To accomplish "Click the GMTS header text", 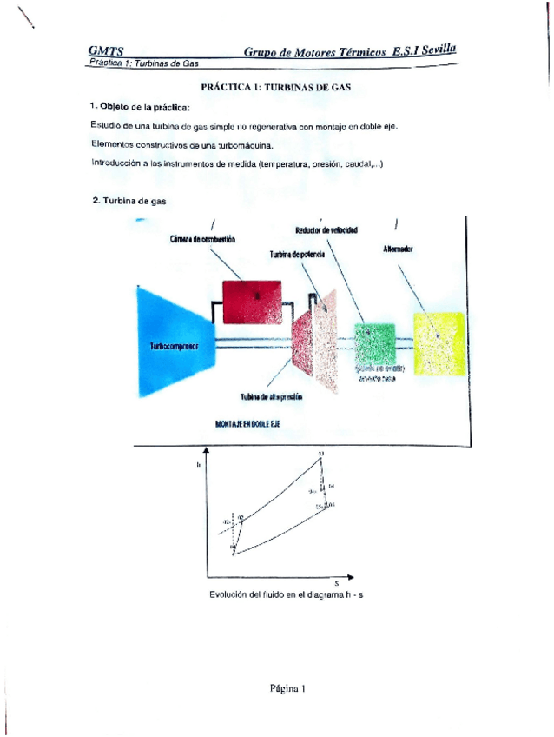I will (105, 52).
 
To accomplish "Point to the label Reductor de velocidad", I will (326, 230).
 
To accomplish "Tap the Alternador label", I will (398, 249).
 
